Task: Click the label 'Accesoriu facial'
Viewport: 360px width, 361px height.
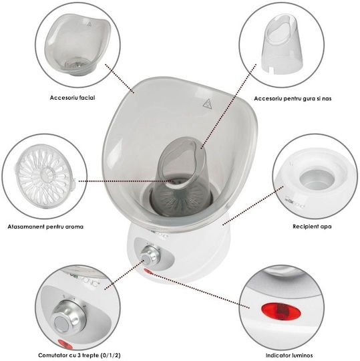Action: pyautogui.click(x=72, y=98)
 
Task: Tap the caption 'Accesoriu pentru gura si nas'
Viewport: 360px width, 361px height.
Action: pyautogui.click(x=293, y=98)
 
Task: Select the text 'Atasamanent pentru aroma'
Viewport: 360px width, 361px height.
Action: pyautogui.click(x=45, y=227)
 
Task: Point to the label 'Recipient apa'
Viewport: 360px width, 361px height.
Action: pyautogui.click(x=312, y=227)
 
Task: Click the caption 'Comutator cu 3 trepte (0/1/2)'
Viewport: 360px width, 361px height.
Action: pyautogui.click(x=79, y=355)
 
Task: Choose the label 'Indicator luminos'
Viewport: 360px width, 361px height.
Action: pyautogui.click(x=289, y=355)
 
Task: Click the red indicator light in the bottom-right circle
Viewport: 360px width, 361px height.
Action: pyautogui.click(x=281, y=312)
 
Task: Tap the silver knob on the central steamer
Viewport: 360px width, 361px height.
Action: pyautogui.click(x=150, y=256)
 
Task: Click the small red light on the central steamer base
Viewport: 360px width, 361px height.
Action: pyautogui.click(x=148, y=272)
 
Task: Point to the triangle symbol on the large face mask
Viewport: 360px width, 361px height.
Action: pyautogui.click(x=207, y=104)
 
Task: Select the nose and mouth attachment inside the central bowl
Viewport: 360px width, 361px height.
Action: pyautogui.click(x=181, y=176)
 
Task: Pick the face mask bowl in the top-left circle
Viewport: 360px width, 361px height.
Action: pyautogui.click(x=77, y=44)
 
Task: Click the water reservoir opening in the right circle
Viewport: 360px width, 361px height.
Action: pyautogui.click(x=317, y=180)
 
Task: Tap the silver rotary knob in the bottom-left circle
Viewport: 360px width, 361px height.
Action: pyautogui.click(x=69, y=317)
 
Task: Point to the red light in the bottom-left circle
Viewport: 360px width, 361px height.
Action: pyautogui.click(x=65, y=344)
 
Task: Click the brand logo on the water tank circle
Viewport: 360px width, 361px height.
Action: pyautogui.click(x=293, y=204)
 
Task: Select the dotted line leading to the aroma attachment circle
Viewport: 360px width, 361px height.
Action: pyautogui.click(x=126, y=181)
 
